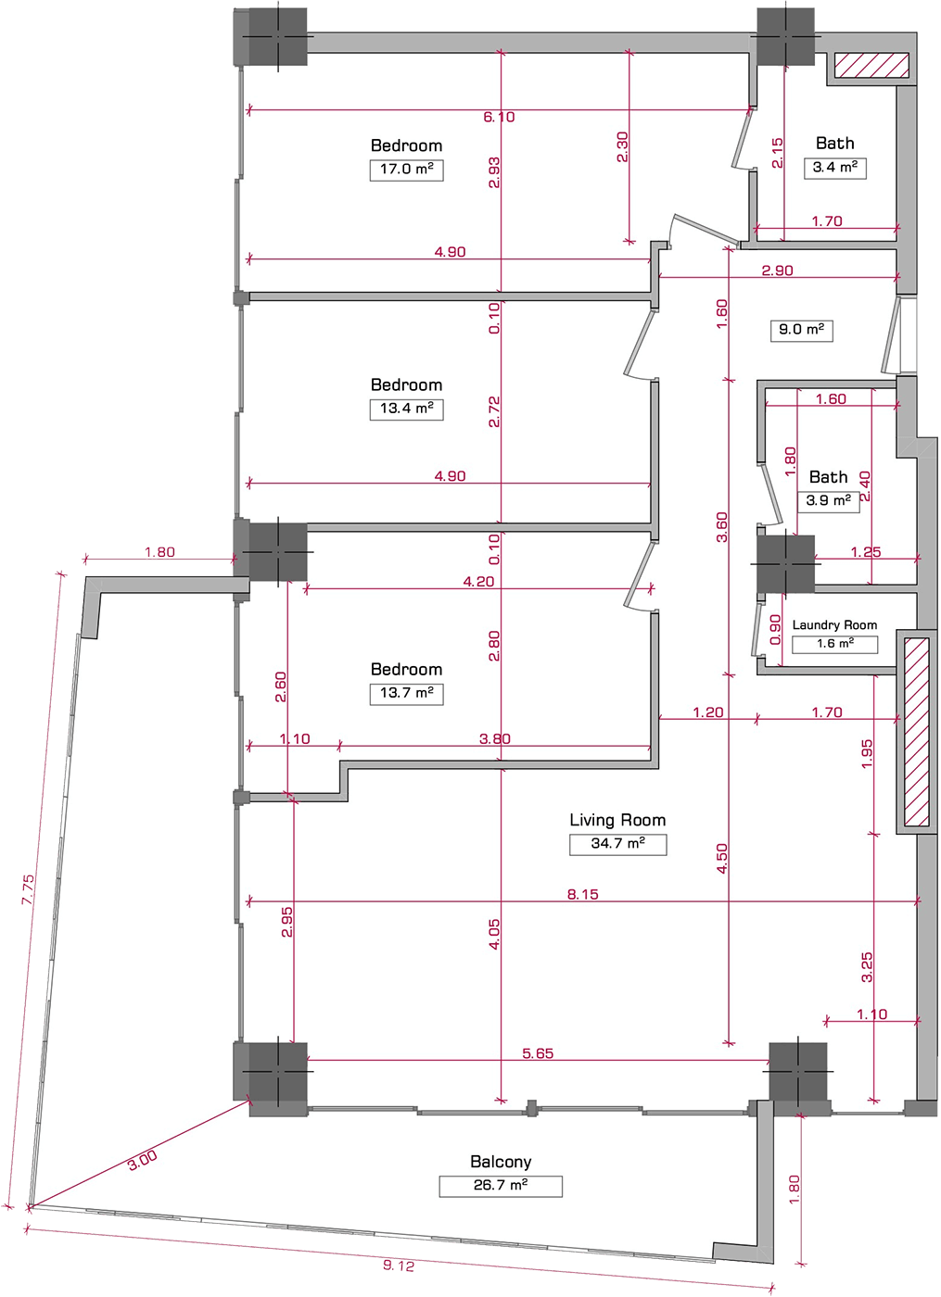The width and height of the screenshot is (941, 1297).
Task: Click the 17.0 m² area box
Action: click(406, 170)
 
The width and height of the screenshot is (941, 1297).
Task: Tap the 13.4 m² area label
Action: click(406, 409)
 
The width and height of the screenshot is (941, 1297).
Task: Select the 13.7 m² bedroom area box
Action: click(406, 693)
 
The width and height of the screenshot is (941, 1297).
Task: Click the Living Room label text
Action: click(617, 820)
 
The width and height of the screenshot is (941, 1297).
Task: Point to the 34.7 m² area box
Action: click(617, 844)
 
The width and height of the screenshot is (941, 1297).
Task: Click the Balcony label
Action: click(501, 1162)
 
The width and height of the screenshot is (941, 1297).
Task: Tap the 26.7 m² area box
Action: click(501, 1186)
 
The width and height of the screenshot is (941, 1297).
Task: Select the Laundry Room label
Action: click(834, 625)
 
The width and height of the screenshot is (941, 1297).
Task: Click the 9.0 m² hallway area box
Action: click(801, 330)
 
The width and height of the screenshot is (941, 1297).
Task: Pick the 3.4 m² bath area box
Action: click(834, 168)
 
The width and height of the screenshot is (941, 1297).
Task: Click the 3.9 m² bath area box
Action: click(828, 500)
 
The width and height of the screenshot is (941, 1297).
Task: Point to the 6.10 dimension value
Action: click(499, 117)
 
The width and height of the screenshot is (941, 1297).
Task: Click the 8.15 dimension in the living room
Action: click(582, 894)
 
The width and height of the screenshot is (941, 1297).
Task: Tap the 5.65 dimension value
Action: click(538, 1053)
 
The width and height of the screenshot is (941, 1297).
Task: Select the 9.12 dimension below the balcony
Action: click(399, 1266)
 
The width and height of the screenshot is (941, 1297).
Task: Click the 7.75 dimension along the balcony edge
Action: click(30, 889)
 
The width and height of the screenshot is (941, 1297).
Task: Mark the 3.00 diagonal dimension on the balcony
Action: click(142, 1161)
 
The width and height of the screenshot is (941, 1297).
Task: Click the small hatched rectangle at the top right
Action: click(871, 65)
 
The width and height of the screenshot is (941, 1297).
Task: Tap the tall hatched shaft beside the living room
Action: click(916, 732)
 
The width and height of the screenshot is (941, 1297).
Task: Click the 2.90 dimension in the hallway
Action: click(777, 271)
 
